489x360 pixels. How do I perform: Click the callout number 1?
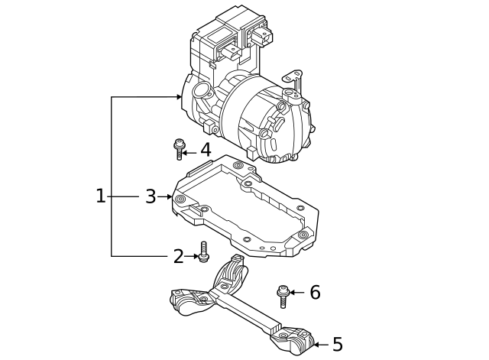coord(100,196)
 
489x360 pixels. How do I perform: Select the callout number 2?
coord(178,257)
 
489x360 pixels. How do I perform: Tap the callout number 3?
coord(151,196)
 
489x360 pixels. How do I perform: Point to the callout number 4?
coord(205,151)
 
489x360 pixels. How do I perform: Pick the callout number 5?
coord(337,345)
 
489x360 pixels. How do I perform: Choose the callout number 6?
coord(315,292)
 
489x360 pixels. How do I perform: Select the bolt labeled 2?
coord(204,252)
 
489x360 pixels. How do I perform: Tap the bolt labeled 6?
coord(283,294)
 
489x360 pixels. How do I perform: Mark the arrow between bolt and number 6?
coord(297,292)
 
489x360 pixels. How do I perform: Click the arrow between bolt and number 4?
coord(191,151)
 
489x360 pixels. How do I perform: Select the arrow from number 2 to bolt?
coord(192,257)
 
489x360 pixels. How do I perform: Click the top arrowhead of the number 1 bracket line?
coord(180,97)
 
